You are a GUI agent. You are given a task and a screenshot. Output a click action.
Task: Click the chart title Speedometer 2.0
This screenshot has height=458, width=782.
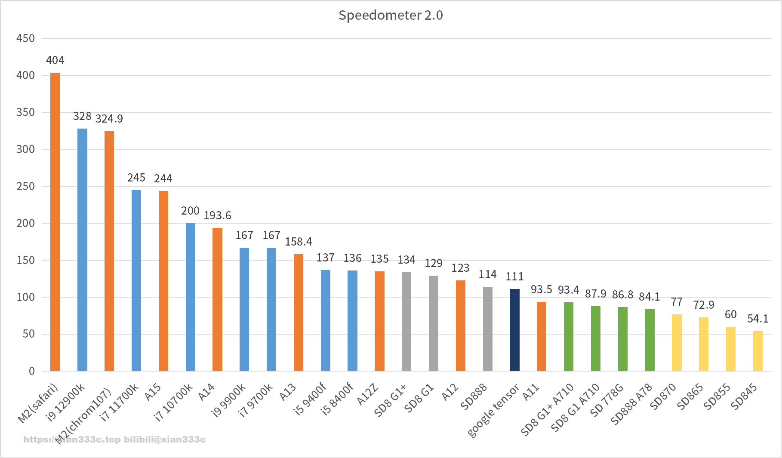(x=391, y=15)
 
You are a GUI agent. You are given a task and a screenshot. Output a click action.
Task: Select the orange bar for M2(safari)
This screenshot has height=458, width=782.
(x=55, y=221)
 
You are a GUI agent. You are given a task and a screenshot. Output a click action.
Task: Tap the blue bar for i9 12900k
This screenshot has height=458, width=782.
(x=82, y=249)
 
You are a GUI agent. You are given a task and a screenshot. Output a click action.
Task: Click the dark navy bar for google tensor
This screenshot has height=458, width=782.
(x=514, y=330)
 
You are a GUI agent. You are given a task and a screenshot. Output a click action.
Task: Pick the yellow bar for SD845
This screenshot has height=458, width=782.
(x=758, y=351)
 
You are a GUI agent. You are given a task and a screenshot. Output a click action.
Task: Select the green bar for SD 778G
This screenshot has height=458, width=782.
(x=622, y=339)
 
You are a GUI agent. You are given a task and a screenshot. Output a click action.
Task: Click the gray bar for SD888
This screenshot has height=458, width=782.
(x=487, y=329)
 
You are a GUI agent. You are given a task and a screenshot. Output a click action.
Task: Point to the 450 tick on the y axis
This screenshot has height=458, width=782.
(x=25, y=38)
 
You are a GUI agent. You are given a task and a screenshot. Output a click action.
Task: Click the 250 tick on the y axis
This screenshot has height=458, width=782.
(x=25, y=186)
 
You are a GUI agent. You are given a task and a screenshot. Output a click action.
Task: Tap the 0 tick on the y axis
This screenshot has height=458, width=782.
(x=31, y=371)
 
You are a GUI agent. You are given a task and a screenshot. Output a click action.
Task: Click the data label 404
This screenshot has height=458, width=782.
(x=55, y=61)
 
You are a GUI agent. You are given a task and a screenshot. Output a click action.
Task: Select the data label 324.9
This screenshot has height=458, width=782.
(x=109, y=119)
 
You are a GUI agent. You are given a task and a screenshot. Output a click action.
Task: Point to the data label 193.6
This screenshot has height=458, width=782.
(x=217, y=215)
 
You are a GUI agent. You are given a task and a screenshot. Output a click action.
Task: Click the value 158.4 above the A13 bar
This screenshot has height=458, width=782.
(x=299, y=242)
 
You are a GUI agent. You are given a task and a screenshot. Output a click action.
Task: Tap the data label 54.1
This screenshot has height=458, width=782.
(x=758, y=319)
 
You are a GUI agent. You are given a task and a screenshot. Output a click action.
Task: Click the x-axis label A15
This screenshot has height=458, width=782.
(x=153, y=392)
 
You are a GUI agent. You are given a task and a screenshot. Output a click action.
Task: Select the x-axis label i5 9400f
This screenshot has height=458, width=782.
(x=310, y=399)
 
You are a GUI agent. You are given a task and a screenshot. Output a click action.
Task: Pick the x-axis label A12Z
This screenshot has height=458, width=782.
(x=368, y=395)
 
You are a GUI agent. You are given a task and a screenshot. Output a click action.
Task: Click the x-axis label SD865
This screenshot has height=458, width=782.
(x=690, y=397)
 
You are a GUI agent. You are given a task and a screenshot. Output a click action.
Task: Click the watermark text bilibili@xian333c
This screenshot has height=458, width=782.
(x=165, y=440)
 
